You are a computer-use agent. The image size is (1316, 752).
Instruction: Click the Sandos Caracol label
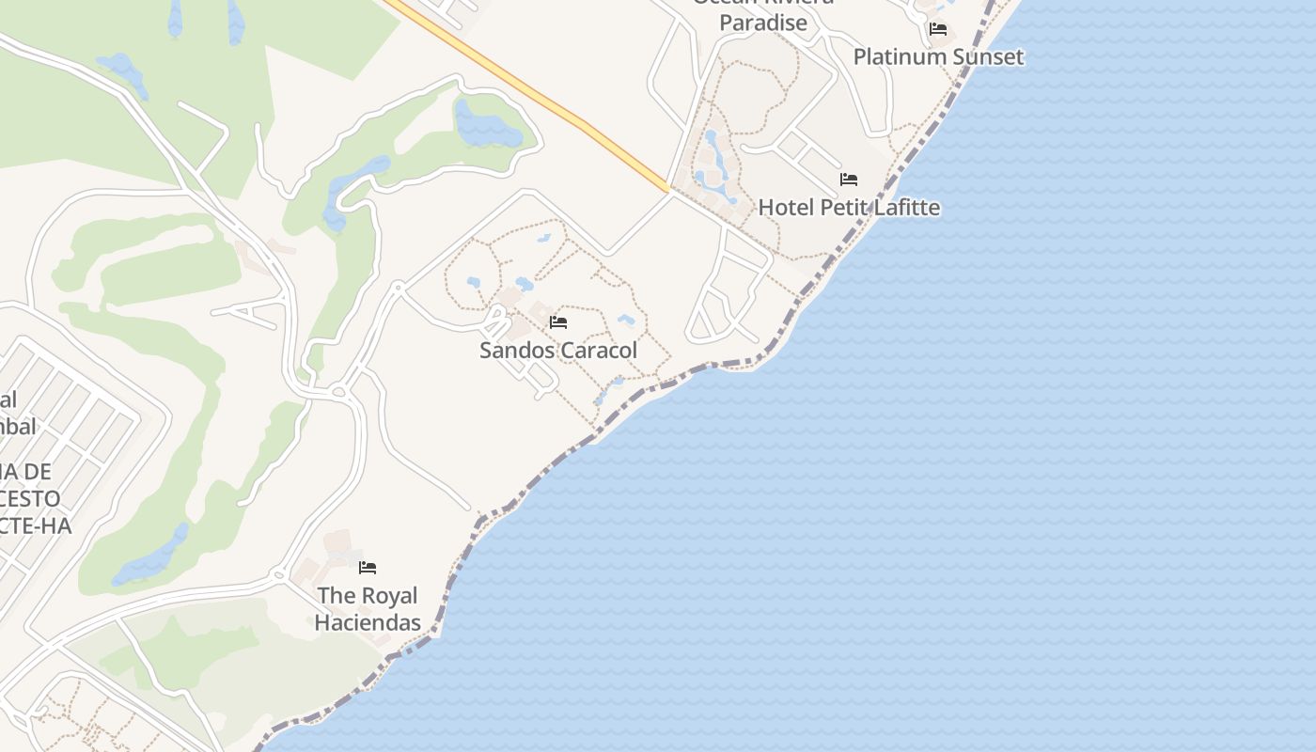(x=558, y=351)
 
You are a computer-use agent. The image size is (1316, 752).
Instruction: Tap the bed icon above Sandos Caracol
(x=558, y=322)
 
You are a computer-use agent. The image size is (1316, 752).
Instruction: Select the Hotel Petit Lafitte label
(x=849, y=208)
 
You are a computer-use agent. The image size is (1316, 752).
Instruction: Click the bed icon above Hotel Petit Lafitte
(x=849, y=180)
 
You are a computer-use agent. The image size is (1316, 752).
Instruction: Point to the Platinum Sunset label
(x=938, y=56)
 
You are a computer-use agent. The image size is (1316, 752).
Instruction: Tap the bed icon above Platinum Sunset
(x=938, y=29)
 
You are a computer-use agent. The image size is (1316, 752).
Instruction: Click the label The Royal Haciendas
(x=367, y=608)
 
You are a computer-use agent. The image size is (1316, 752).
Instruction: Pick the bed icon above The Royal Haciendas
(x=368, y=568)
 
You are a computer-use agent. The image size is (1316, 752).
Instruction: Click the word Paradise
(x=763, y=23)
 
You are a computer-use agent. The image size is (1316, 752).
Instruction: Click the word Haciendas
(x=367, y=622)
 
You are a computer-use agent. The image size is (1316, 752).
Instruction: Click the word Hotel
(x=787, y=208)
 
